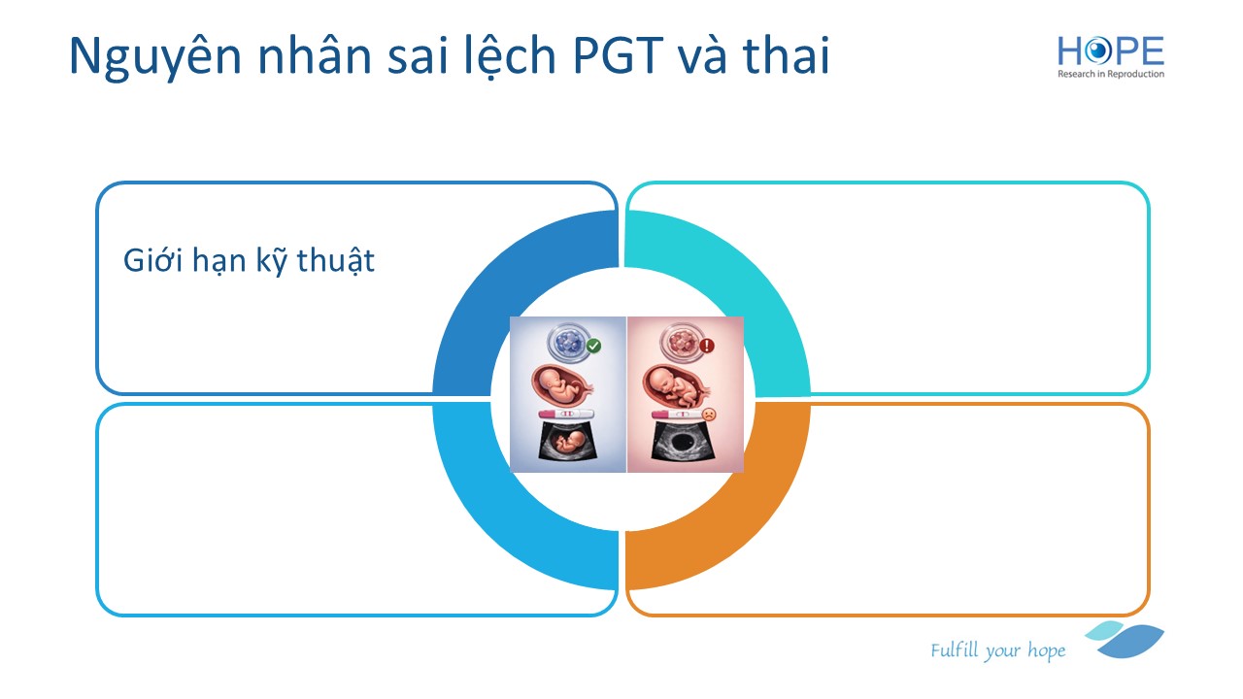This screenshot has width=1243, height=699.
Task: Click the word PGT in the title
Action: coord(618,55)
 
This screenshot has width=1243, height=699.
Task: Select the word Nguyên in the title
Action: coord(155,57)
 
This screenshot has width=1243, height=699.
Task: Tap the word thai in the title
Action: coord(786,55)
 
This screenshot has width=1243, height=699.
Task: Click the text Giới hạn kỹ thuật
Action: coord(249,261)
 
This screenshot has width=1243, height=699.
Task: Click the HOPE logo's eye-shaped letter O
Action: coord(1097,50)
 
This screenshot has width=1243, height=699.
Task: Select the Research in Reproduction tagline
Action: coord(1110,74)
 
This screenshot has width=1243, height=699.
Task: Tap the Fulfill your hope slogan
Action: coord(997,649)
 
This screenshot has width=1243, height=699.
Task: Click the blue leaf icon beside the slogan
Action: coord(1126,639)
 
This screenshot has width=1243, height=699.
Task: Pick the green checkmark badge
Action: coord(593,346)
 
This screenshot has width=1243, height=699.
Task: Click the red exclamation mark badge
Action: coord(706,346)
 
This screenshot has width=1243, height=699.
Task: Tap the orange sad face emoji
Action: coord(709,414)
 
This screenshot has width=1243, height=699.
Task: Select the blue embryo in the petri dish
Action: coord(568,343)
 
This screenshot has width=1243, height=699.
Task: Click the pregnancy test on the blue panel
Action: coord(566,414)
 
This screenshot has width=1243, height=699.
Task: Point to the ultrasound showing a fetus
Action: coord(568,441)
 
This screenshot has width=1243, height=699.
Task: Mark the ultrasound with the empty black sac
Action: coord(682,441)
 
